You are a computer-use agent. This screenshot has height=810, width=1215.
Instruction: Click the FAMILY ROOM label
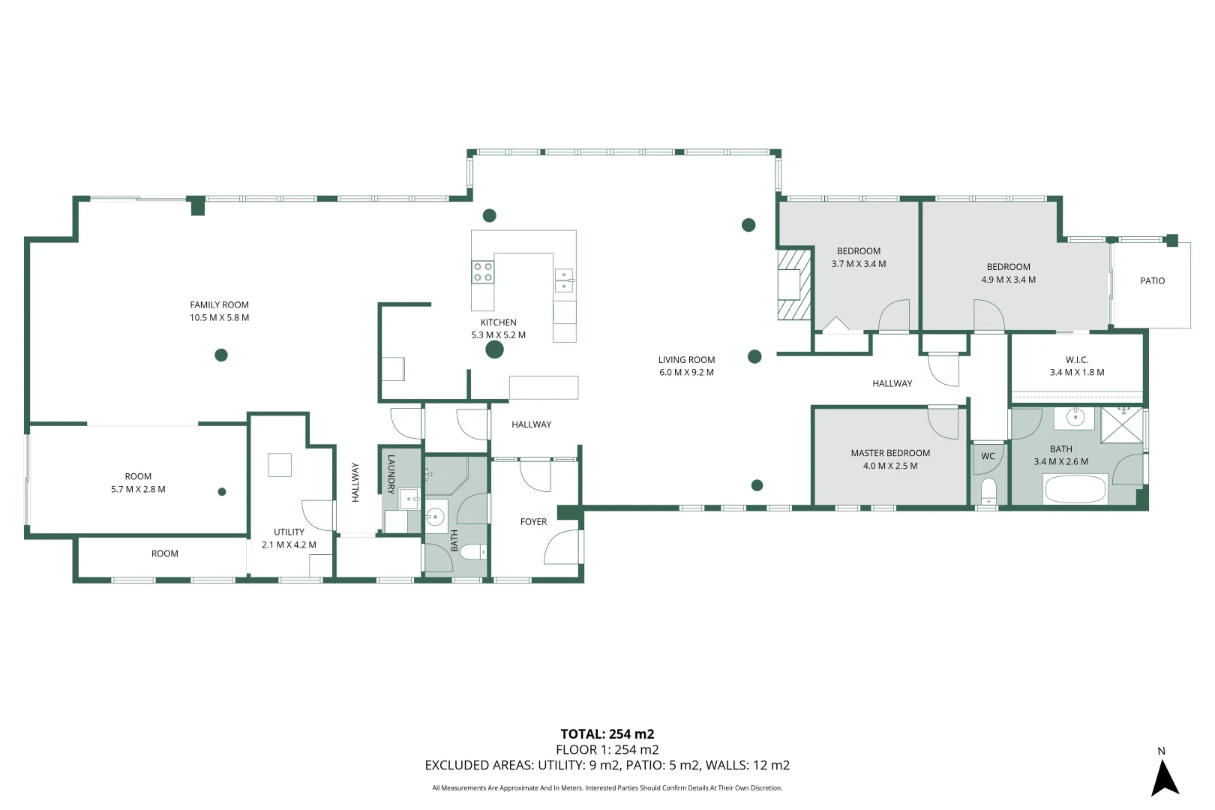pos(219,304)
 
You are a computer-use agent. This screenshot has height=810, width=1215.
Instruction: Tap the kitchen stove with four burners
pos(483,272)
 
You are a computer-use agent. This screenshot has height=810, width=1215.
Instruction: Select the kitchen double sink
pos(564,280)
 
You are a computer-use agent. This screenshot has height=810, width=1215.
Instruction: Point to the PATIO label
pos(1152,280)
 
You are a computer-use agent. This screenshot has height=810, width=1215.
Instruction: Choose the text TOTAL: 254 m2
pos(607,734)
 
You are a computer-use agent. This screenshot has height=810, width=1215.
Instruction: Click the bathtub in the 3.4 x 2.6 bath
pos(1075,490)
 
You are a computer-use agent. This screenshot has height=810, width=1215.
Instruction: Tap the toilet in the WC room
pos(988,490)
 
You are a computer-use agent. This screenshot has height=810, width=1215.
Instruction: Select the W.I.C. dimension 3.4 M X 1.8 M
pos(1076,372)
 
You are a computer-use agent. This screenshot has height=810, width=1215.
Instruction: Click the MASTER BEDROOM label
pos(889,453)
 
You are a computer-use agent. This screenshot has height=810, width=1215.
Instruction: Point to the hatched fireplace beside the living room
pos(793,284)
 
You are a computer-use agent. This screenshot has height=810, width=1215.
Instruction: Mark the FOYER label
pos(533,521)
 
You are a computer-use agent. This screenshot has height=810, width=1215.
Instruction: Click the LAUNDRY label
pos(391,474)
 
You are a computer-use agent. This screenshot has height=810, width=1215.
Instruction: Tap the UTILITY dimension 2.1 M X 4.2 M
pos(289,544)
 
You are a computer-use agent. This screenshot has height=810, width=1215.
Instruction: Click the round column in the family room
pos(221,355)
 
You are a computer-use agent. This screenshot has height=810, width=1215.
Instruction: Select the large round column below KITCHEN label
pos(494,349)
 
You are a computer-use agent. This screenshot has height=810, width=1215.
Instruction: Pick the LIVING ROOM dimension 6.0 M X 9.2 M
pos(686,372)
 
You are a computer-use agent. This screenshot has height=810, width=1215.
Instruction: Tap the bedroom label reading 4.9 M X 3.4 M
pos(1008,280)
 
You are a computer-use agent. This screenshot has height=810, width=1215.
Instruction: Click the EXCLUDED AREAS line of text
pos(607,765)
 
